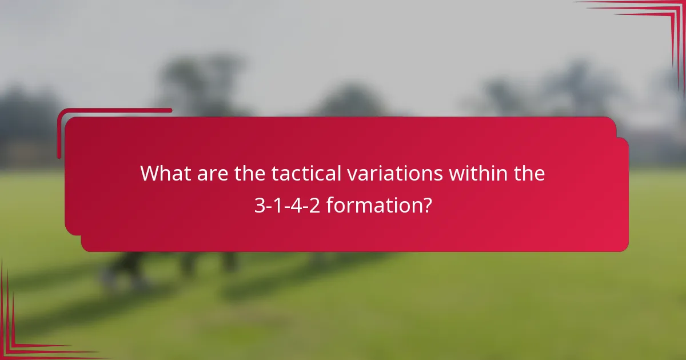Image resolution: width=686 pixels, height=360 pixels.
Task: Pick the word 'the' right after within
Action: pos(529,173)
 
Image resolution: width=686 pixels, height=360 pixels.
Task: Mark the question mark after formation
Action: pos(426,205)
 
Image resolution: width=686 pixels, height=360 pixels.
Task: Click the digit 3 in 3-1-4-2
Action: pos(259,205)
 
